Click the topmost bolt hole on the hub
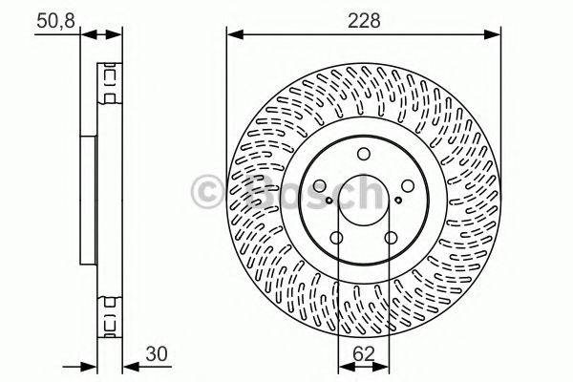pyautogui.click(x=363, y=156)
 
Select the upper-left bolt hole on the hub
pyautogui.click(x=319, y=187)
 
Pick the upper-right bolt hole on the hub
pyautogui.click(x=408, y=187)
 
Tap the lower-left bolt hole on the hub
pyautogui.click(x=336, y=240)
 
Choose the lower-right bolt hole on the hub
pyautogui.click(x=391, y=240)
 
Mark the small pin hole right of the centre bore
pyautogui.click(x=398, y=201)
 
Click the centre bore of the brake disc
pyautogui.click(x=363, y=202)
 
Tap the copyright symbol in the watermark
pyautogui.click(x=207, y=190)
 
